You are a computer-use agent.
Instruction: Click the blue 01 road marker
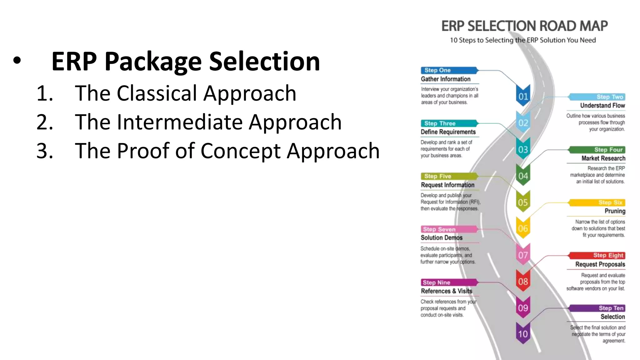(x=523, y=96)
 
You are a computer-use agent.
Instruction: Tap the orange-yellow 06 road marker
(x=523, y=228)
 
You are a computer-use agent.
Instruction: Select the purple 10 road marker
(x=523, y=334)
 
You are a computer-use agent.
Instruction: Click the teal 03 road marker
(x=523, y=149)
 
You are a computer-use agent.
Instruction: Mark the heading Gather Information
(x=445, y=79)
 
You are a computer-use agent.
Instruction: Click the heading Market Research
(x=603, y=158)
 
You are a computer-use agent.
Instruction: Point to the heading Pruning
(x=615, y=211)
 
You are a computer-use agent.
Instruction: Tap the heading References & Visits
(x=446, y=291)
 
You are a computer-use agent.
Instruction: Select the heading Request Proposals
(x=600, y=264)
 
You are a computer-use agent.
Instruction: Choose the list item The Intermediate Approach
(x=208, y=122)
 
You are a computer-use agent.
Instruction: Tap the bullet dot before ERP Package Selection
(x=17, y=61)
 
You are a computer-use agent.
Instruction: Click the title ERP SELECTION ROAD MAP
(x=524, y=26)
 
